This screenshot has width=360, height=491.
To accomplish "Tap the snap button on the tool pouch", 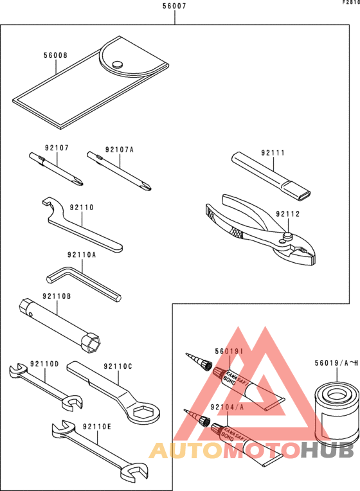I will pyautogui.click(x=116, y=64).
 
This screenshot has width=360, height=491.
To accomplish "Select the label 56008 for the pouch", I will pyautogui.click(x=55, y=56).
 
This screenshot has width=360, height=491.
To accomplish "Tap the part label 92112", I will pyautogui.click(x=288, y=214).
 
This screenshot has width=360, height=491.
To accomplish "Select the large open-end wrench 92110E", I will pyautogui.click(x=96, y=450).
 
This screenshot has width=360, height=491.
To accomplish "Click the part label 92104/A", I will pyautogui.click(x=226, y=407).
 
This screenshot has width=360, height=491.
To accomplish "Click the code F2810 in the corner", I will pyautogui.click(x=350, y=3).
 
